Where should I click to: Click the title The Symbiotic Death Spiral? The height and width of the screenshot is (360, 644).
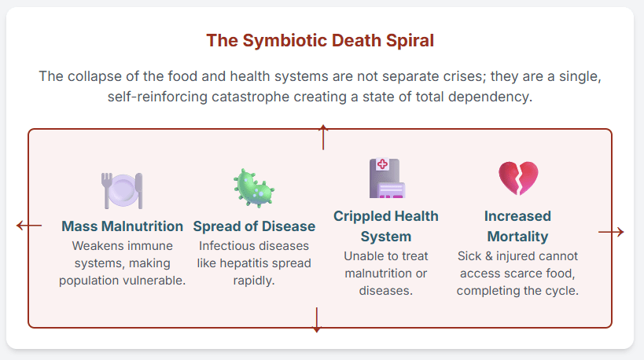click(x=320, y=41)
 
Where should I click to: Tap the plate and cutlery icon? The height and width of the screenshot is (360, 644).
click(x=122, y=190)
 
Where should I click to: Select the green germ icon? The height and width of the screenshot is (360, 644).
click(x=254, y=188)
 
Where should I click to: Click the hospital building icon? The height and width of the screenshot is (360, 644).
click(x=387, y=178)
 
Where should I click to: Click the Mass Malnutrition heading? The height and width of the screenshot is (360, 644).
click(x=123, y=226)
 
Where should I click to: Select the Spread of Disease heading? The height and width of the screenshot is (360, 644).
click(x=254, y=226)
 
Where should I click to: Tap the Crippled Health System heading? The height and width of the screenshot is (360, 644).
click(x=386, y=226)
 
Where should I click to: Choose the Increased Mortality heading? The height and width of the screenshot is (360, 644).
click(x=517, y=226)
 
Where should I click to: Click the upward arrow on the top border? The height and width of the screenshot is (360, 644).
click(x=323, y=137)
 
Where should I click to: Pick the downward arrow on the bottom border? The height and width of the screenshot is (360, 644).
click(x=317, y=320)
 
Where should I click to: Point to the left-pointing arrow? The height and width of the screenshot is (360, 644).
click(x=29, y=226)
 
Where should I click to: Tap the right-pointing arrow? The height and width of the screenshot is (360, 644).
click(x=611, y=232)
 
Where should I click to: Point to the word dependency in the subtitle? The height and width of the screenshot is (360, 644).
click(x=490, y=97)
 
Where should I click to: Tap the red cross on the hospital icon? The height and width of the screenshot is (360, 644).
click(x=382, y=164)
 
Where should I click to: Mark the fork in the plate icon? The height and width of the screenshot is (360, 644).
click(x=107, y=190)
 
